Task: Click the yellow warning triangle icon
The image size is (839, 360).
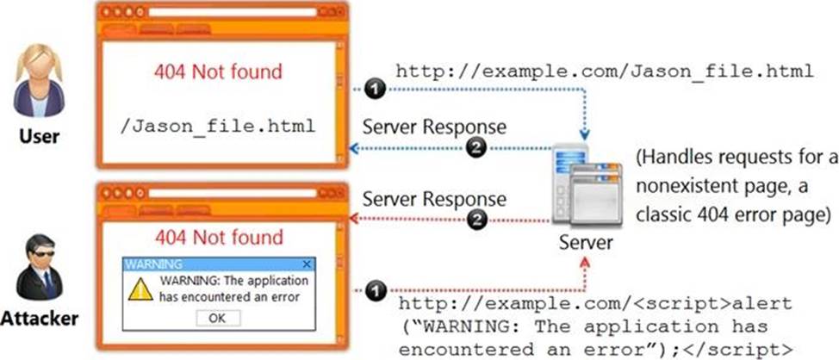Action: point(140,291)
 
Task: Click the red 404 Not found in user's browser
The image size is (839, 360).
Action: point(218,71)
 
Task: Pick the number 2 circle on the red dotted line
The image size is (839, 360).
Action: point(474,220)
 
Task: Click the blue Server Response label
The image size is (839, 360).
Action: point(434,127)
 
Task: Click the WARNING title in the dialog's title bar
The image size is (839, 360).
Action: point(153,264)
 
